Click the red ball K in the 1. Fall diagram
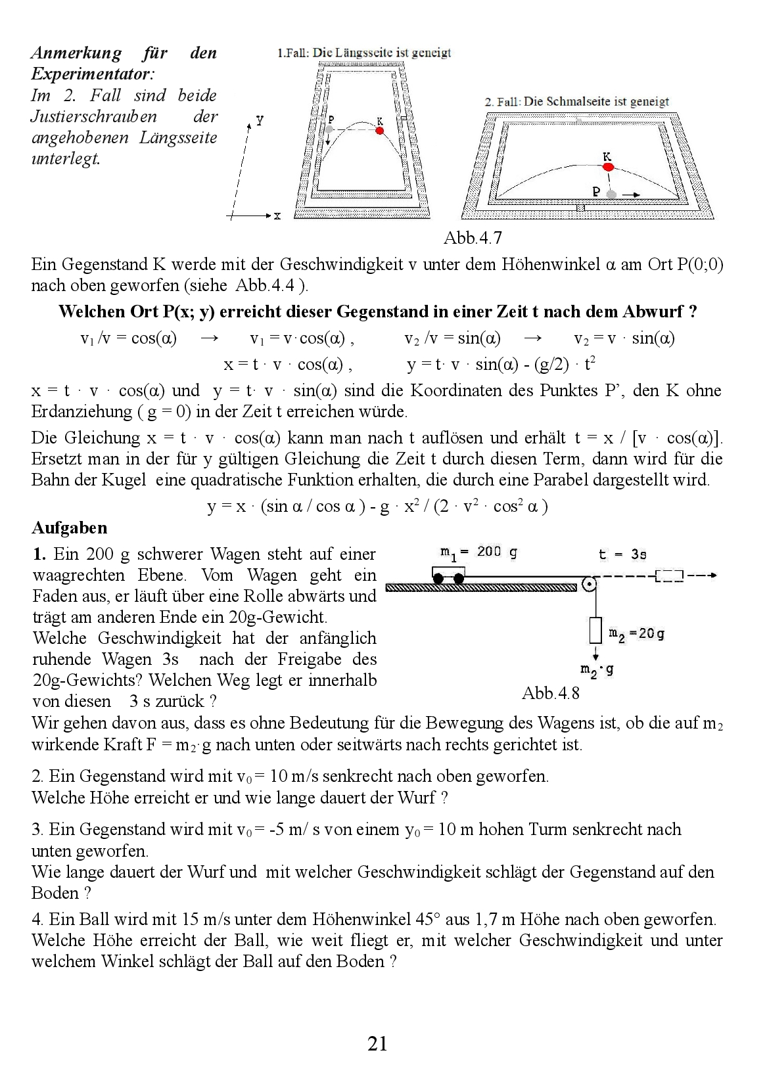coord(379,131)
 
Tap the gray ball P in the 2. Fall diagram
coord(612,194)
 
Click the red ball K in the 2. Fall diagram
coord(609,168)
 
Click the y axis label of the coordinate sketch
coord(260,120)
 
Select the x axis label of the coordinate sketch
coord(277,215)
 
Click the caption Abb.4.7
coord(473,238)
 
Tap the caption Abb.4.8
coord(551,692)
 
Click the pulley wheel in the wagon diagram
coord(590,583)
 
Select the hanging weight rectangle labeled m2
coord(595,631)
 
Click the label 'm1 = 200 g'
coord(478,552)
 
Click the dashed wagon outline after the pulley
coord(669,576)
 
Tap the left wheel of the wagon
coord(438,578)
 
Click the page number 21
coord(377,1043)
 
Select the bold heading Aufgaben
coord(70,528)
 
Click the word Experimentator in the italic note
coord(93,74)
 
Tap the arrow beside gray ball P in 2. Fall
coord(632,194)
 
